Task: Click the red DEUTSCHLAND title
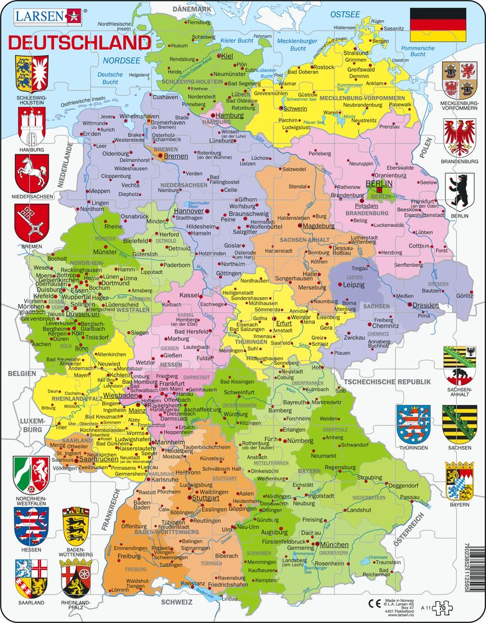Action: pyautogui.click(x=79, y=42)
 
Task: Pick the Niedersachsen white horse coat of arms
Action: pyautogui.click(x=30, y=171)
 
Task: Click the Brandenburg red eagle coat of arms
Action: pyautogui.click(x=460, y=138)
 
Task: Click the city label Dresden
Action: pyautogui.click(x=426, y=305)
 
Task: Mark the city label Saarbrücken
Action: pyautogui.click(x=96, y=459)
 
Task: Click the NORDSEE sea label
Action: pyautogui.click(x=116, y=61)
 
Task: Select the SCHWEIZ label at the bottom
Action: pyautogui.click(x=176, y=602)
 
